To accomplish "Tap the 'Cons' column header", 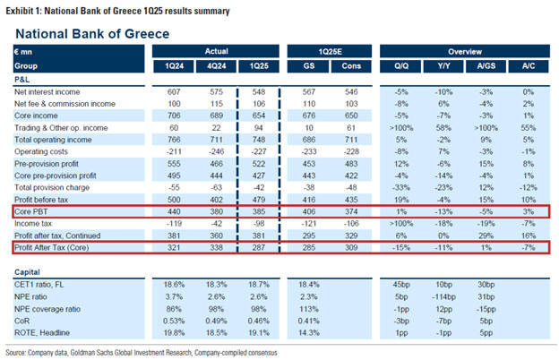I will [348, 65].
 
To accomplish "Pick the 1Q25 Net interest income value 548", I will [256, 91].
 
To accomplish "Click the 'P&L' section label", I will [23, 78].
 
